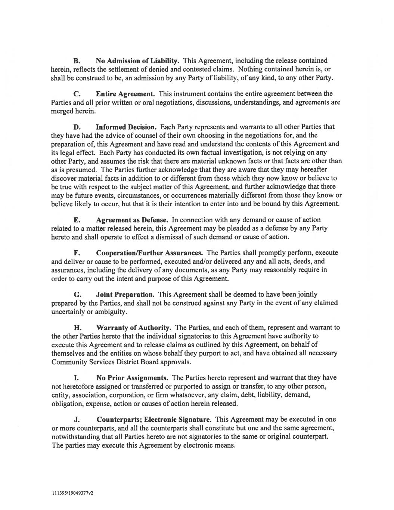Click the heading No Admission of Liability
tap(138, 61)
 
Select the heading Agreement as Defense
tap(132, 220)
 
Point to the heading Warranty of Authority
tap(134, 328)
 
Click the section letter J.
tap(76, 420)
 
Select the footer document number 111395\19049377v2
tap(72, 493)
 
